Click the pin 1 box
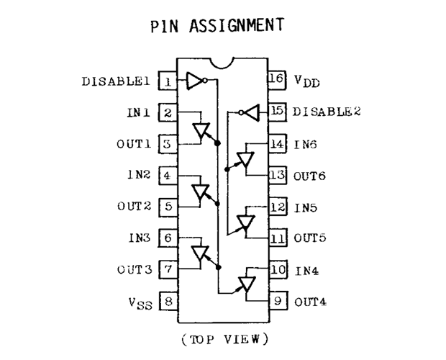coord(168,81)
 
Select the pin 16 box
coord(277,80)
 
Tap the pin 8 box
coord(168,301)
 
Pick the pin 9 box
coord(278,300)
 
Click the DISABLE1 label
coord(116,81)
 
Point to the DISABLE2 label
coord(327,112)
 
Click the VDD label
coord(307,81)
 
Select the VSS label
coord(140,303)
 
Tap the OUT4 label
coord(310,302)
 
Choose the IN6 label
coord(305,145)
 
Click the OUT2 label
coord(134,206)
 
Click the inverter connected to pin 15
coord(249,113)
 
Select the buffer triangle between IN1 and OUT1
coord(201,130)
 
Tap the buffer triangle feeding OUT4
coord(247,284)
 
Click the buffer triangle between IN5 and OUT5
coord(246,222)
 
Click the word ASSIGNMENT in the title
coord(237,25)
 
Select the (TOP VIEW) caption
coord(224,339)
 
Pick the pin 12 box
coord(278,207)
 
